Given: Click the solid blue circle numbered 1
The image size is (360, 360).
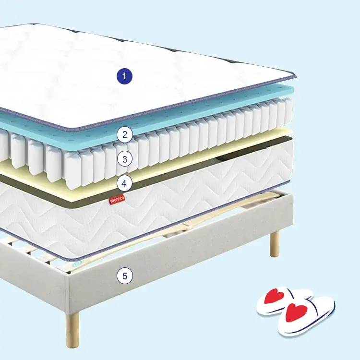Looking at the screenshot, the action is pyautogui.click(x=124, y=76).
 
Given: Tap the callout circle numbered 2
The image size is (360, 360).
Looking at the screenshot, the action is pyautogui.click(x=125, y=134).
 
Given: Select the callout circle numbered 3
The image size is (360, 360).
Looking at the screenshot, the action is pyautogui.click(x=125, y=159).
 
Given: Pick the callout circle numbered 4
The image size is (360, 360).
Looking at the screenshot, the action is pyautogui.click(x=124, y=183).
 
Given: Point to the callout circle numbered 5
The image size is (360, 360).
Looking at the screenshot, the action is pyautogui.click(x=125, y=276).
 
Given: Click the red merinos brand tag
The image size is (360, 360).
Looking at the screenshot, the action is pyautogui.click(x=117, y=200).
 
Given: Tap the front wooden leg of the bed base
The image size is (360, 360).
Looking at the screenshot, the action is pyautogui.click(x=72, y=329).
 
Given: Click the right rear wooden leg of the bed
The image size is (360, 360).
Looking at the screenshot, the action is pyautogui.click(x=275, y=244).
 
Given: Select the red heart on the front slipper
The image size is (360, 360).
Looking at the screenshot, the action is pyautogui.click(x=296, y=312).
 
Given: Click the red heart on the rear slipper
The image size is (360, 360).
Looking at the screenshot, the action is pyautogui.click(x=275, y=296).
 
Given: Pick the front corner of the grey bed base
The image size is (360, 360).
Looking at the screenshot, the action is pyautogui.click(x=67, y=276).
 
